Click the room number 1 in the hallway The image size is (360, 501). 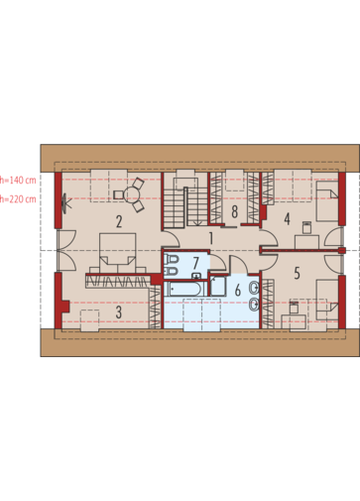tap(211, 238)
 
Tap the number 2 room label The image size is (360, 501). tap(119, 221)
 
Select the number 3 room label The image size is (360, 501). tap(119, 313)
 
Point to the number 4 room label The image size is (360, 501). tap(287, 219)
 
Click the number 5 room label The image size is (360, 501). tap(297, 274)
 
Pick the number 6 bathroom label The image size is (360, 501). tap(238, 291)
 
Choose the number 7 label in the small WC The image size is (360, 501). tap(195, 264)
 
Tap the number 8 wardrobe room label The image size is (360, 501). tap(235, 211)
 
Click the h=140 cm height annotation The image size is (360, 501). tap(18, 181)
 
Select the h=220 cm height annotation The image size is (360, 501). tap(18, 199)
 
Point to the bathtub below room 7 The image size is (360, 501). tap(184, 289)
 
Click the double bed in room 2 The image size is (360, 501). tap(118, 253)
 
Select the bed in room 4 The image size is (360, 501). tap(327, 201)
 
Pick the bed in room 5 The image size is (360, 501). tap(327, 300)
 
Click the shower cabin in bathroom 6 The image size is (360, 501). tap(218, 287)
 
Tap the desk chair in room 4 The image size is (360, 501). tap(306, 227)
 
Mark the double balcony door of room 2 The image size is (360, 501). tap(66, 250)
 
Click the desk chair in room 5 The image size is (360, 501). tap(294, 308)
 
